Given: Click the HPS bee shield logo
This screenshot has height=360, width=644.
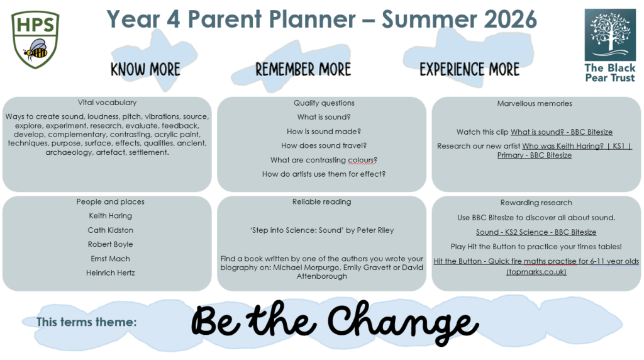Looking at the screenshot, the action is tap(35, 40).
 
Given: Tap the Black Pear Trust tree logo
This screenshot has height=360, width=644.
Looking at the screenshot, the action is tap(610, 35).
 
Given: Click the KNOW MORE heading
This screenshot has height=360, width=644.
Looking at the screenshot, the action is tap(145, 69).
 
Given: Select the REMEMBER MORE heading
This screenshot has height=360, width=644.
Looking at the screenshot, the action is tap(303, 69).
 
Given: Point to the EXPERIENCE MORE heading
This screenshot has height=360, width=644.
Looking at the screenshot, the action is tap(469, 69).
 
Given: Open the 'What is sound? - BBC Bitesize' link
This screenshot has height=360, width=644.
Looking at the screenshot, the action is tap(562, 132).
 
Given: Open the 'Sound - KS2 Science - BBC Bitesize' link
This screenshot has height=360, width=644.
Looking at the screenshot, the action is tap(536, 232).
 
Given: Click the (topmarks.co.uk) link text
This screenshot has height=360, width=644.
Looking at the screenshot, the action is tap(536, 272).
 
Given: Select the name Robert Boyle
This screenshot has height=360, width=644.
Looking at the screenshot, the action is tap(111, 244).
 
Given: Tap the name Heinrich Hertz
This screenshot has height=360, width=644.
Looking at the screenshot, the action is tap(111, 273).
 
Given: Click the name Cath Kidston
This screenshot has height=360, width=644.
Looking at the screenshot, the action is tap(111, 230).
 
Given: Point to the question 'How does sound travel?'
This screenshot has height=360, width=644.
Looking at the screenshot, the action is tap(324, 145).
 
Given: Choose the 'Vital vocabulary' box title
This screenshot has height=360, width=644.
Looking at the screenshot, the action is tap(107, 103).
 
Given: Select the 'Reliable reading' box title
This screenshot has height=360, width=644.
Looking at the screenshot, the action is tap(321, 202).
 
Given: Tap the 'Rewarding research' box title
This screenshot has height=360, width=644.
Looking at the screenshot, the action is tap(536, 203).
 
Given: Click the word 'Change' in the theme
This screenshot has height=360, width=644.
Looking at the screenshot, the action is tap(403, 323).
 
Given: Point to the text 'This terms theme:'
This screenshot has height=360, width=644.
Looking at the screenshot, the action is tap(86, 322).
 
